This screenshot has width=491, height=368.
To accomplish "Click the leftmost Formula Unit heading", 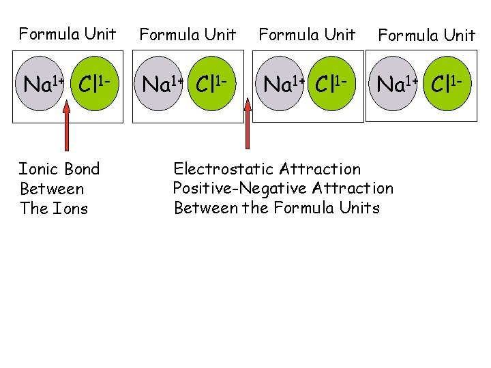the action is tap(68, 33).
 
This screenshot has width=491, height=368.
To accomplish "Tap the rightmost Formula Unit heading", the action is tap(426, 35).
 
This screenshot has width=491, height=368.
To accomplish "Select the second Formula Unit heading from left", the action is tap(188, 34).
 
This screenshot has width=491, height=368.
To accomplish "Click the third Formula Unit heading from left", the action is tap(307, 34).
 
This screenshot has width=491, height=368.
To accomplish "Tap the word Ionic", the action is tap(39, 169).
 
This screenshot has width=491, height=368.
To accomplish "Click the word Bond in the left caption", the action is tap(81, 169).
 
